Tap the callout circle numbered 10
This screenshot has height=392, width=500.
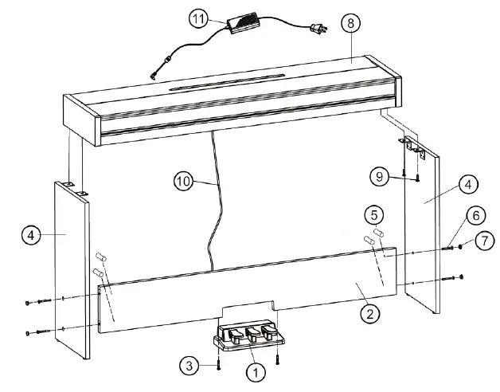pos(184,181)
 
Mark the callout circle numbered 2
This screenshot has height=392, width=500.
pos(368,313)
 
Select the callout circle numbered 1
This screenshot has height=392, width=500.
pos(255,370)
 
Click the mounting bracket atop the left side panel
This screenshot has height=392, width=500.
pos(73,187)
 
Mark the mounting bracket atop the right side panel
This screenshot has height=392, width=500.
pos(411,145)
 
